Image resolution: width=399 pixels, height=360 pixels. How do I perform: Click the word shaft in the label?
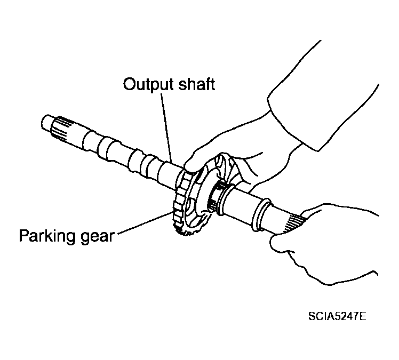coord(196,84)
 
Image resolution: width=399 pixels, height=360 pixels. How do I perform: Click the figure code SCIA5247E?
coord(337,316)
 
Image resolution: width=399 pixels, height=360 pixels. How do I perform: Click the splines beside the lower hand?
coord(294,222)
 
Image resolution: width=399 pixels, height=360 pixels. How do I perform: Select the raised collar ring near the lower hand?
coord(261,214)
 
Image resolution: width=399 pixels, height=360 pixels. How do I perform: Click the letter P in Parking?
coord(24,235)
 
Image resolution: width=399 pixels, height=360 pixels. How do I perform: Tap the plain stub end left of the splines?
coord(46,123)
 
